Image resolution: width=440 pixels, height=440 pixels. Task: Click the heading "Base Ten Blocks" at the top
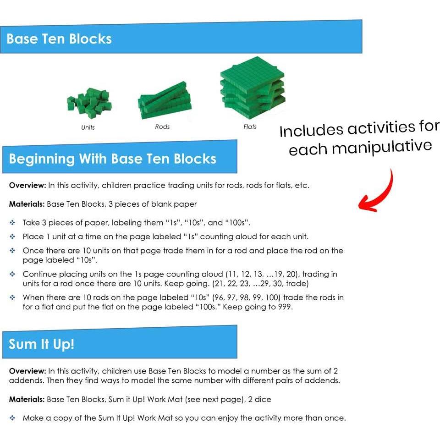tap(59, 38)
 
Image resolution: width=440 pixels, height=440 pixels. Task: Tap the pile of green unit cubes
tap(88, 103)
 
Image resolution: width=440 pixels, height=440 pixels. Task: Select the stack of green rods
tap(164, 101)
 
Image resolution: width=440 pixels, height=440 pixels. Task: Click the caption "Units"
tap(88, 127)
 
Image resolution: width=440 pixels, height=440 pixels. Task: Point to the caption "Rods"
tap(162, 127)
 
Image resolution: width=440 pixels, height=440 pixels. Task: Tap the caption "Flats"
tap(250, 127)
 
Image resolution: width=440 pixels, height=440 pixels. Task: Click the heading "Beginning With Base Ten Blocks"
tap(113, 159)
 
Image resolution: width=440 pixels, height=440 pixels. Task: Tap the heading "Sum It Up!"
tap(42, 344)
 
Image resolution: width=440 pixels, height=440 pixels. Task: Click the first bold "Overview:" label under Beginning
tap(27, 186)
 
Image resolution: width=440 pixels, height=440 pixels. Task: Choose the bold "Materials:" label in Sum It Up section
tap(27, 399)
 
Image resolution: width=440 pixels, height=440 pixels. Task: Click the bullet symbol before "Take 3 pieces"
tap(12, 223)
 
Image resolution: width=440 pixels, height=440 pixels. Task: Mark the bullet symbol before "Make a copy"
tap(12, 418)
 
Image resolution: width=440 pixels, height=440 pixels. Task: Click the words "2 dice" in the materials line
tap(259, 399)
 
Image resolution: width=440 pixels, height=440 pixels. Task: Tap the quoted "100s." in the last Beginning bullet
tap(195, 307)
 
